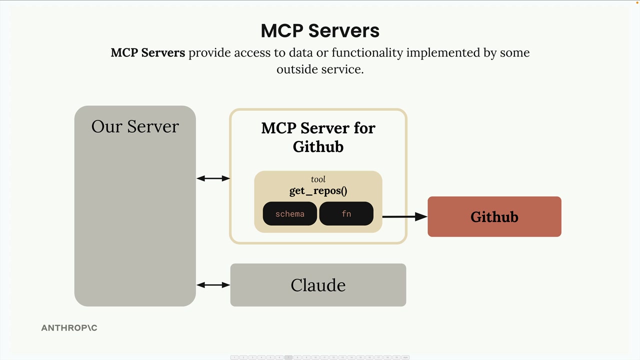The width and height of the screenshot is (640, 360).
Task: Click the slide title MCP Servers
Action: point(320,30)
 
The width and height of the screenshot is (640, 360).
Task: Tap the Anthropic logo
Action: point(69,328)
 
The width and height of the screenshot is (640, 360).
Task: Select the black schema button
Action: point(290,214)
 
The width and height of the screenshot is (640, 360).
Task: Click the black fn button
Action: point(346,214)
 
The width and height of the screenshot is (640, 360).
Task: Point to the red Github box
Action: point(494,216)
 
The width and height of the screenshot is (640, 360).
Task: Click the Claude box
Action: point(318,285)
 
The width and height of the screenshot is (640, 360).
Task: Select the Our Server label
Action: point(135,126)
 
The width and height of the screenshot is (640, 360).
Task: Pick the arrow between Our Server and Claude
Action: point(213,285)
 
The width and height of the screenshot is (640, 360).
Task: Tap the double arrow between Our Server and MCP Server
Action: point(213,178)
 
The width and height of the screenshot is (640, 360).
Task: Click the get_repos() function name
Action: point(318,191)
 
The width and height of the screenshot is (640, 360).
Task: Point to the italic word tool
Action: point(318,179)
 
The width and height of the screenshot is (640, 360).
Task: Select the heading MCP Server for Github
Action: point(318,137)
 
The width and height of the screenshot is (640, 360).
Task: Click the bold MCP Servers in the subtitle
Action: point(147,52)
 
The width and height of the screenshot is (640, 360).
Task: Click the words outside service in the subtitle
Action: point(320,69)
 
